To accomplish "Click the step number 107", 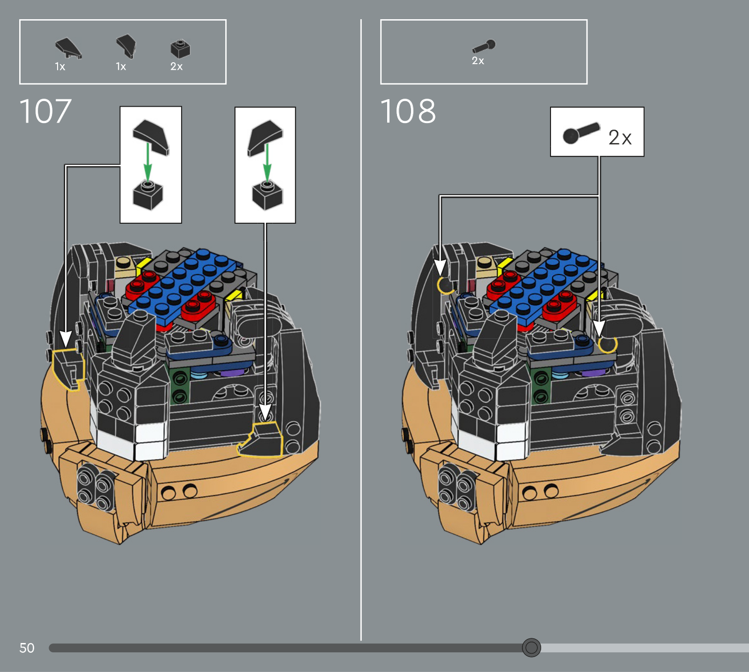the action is tap(45, 111).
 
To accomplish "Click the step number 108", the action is tap(408, 111).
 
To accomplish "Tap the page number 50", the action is tap(27, 648).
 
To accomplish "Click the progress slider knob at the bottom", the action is tap(531, 647).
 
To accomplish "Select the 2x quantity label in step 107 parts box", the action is tap(176, 66).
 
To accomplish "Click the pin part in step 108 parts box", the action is tap(484, 46).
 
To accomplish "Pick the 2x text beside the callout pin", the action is tap(620, 137).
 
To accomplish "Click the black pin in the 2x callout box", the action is tap(581, 133).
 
